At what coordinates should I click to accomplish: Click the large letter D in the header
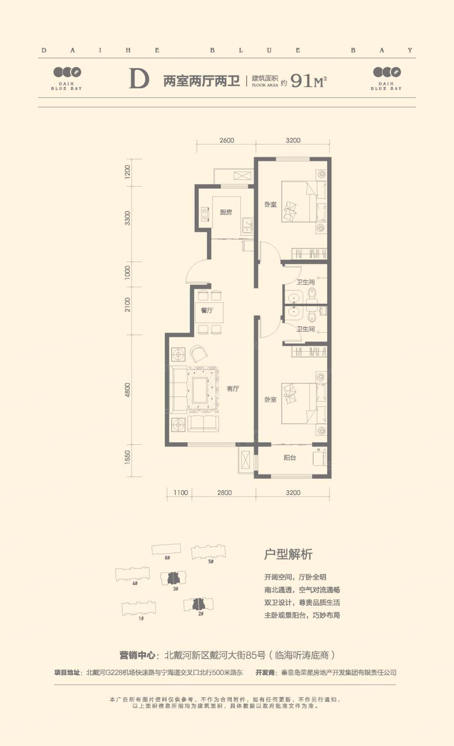coord(139,79)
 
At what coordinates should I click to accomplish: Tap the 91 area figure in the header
coord(301,80)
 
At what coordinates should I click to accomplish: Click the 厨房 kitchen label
coord(226,212)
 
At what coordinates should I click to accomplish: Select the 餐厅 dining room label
coord(207,310)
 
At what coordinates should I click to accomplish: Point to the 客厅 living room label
coord(233,389)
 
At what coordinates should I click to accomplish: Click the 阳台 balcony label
coord(290,457)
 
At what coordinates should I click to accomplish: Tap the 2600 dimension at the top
coord(227,140)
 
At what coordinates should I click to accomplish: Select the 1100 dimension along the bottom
coord(180,493)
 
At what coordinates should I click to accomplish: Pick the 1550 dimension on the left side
coord(127,457)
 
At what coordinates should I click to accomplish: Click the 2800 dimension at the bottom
coord(224,493)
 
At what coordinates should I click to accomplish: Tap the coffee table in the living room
coord(200,390)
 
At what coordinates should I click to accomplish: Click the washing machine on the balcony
coord(320,457)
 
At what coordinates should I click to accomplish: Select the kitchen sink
coord(247,226)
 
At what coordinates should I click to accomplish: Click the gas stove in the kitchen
coord(205,214)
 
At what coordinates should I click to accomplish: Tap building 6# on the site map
coord(166,550)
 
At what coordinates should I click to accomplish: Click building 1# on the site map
coord(138,608)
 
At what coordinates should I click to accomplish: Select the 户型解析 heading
coord(288,554)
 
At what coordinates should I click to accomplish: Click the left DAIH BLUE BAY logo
coord(67,79)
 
